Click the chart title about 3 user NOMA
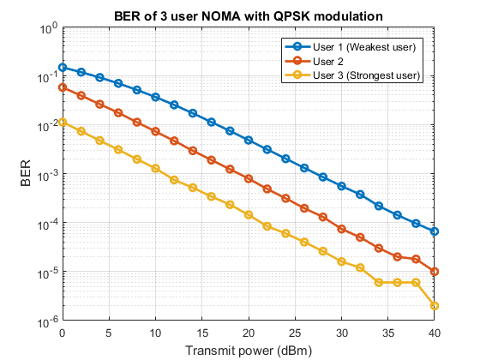click(248, 16)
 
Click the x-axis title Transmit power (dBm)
click(249, 350)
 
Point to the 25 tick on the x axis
click(295, 333)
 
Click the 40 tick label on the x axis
click(435, 333)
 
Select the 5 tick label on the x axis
click(109, 333)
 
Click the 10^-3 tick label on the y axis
click(45, 175)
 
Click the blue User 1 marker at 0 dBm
click(63, 67)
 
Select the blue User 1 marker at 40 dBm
click(435, 231)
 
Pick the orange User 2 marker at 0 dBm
click(63, 87)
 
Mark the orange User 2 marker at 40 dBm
click(435, 272)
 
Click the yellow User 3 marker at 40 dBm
click(435, 306)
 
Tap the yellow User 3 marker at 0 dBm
click(63, 122)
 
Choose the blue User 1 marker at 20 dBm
click(249, 140)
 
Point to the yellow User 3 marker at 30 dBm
click(341, 261)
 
